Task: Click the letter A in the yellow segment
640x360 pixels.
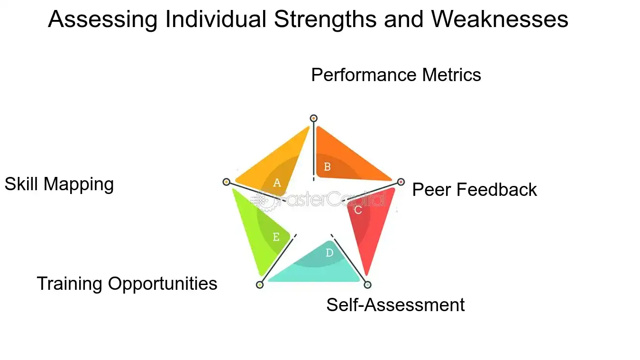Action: coord(277,183)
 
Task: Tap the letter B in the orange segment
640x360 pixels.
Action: coord(327,166)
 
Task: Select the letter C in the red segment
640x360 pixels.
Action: coord(358,210)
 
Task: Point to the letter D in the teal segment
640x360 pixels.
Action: coord(329,253)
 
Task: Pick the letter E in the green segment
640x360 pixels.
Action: coord(276,237)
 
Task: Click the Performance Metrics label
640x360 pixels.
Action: coord(396,75)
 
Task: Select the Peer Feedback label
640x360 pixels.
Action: coord(474,190)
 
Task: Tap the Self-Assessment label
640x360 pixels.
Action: coord(395,305)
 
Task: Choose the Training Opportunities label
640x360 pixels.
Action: coord(127,284)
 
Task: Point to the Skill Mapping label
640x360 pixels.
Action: coord(59,184)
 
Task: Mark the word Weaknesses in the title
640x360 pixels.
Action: coord(499,20)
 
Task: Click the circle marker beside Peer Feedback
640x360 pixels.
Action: coord(401,182)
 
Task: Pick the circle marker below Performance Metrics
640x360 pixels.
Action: coord(313,118)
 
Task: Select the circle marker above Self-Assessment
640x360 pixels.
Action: coord(367,285)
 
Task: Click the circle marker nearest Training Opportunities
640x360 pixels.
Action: coord(259,285)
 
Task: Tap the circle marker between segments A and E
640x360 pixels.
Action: coord(226,182)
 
